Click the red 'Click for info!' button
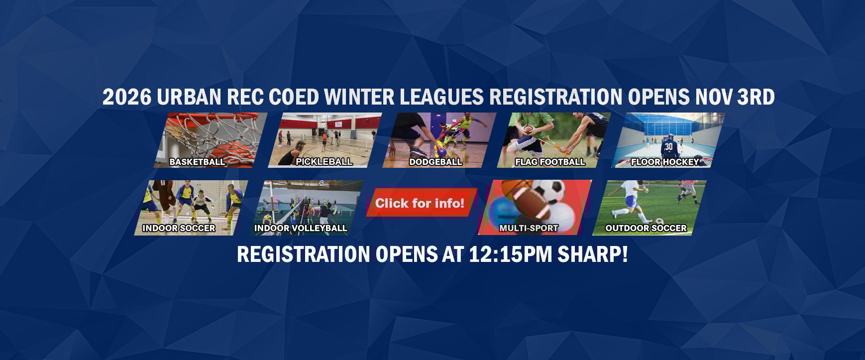click(421, 203)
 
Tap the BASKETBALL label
click(197, 162)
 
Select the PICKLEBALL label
click(324, 162)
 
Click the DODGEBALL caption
click(435, 162)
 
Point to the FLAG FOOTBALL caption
click(550, 162)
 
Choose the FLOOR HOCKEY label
click(665, 162)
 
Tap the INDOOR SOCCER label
click(179, 228)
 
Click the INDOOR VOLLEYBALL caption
click(301, 228)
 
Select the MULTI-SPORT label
click(529, 228)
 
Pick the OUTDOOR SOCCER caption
click(646, 228)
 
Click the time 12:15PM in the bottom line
click(511, 254)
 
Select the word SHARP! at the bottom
click(593, 254)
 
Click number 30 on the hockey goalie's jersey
click(668, 146)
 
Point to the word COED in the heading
click(294, 97)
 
